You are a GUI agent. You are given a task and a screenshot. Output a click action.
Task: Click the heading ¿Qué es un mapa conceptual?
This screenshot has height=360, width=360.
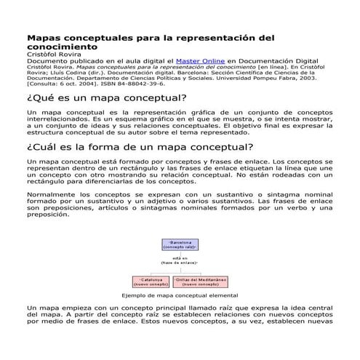point(106,97)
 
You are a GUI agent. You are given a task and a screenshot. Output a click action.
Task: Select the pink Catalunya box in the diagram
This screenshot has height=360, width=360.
point(150,281)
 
